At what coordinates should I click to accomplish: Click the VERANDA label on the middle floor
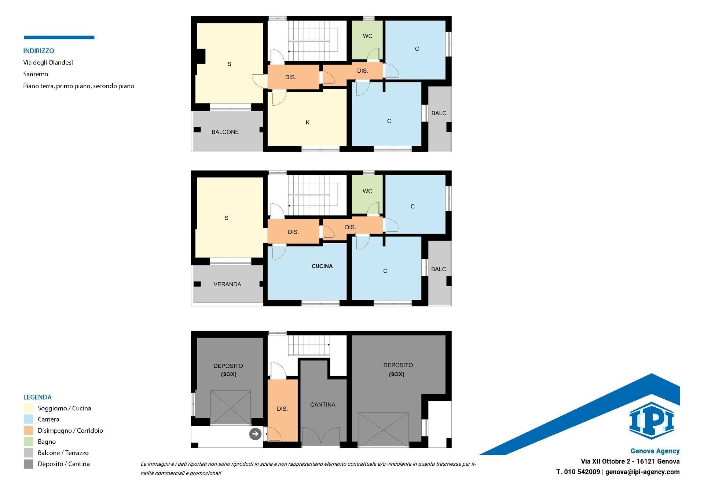(x=227, y=284)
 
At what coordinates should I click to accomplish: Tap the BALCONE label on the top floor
(x=225, y=132)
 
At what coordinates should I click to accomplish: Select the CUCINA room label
(x=322, y=266)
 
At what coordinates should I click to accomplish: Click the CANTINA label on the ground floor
(x=323, y=404)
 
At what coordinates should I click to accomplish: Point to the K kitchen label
(x=308, y=123)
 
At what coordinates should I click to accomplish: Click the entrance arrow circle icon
(x=255, y=434)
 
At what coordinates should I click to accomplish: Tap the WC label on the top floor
(x=367, y=36)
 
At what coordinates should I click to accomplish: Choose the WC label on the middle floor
(x=367, y=191)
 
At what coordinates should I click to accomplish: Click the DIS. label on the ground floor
(x=282, y=408)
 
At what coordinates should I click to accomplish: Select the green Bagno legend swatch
(x=28, y=441)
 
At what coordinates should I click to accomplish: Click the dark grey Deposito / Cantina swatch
(x=28, y=464)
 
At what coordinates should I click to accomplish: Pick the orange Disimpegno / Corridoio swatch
(x=28, y=430)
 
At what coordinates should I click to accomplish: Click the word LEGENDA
(x=37, y=397)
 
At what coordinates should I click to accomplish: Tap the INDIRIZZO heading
(x=38, y=51)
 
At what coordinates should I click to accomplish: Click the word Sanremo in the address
(x=36, y=74)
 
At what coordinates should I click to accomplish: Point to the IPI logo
(x=651, y=421)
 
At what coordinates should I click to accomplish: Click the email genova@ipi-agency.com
(x=642, y=472)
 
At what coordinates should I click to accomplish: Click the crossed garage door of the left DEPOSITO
(x=231, y=408)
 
